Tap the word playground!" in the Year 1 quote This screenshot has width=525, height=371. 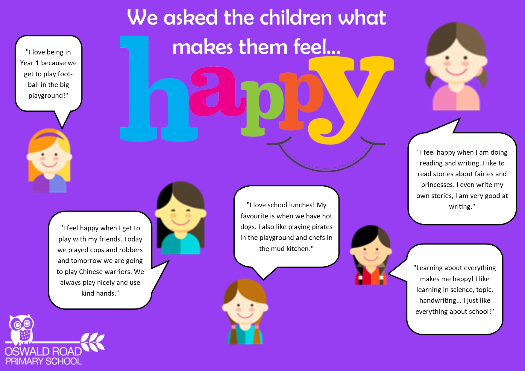tap(48, 95)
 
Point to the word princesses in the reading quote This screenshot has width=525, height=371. tap(438, 185)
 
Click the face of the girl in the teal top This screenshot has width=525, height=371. tap(181, 214)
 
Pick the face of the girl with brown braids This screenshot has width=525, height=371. tap(245, 308)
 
